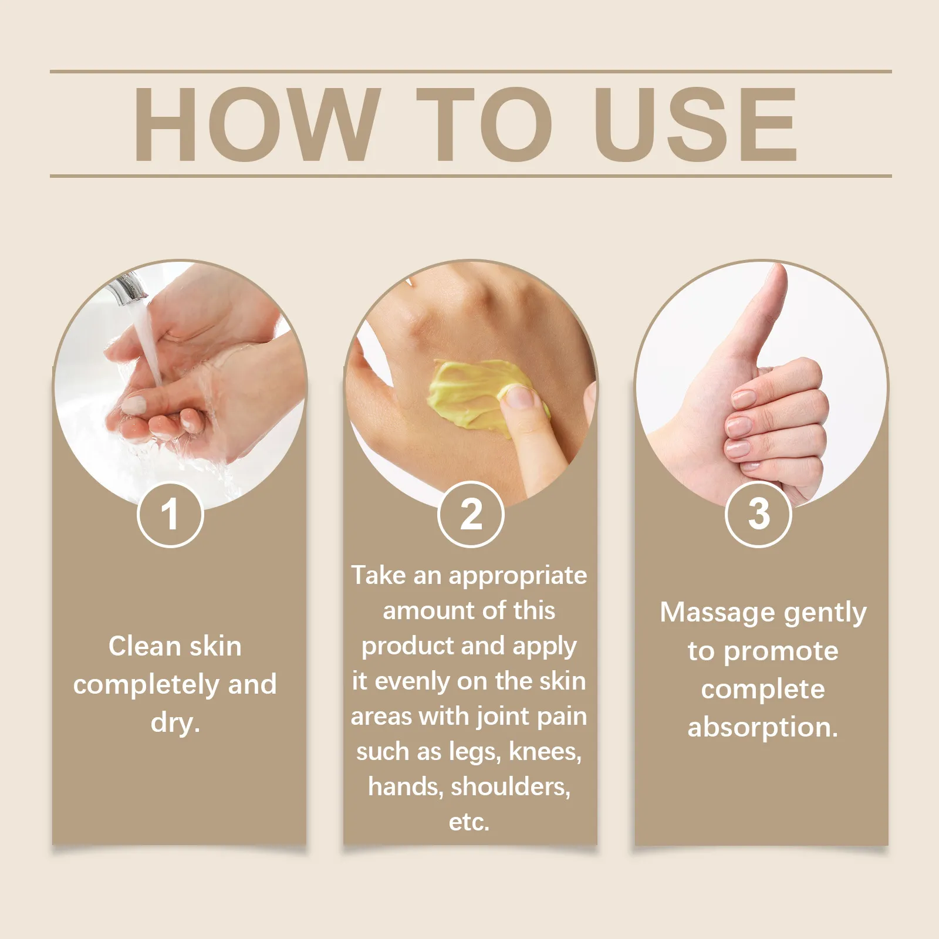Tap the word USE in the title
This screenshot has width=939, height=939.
696,124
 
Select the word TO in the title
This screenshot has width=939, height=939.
485,124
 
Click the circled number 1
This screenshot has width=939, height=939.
170,514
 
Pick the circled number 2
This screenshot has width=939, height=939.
471,514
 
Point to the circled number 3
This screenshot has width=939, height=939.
759,514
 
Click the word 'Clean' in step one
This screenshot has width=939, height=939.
145,646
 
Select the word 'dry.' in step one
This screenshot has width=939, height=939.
175,722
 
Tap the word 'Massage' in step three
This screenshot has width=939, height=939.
717,612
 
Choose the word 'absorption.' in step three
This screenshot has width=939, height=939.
763,728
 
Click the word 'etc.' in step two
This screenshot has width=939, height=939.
469,822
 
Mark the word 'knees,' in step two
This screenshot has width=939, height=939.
545,751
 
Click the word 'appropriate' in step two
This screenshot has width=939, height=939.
518,576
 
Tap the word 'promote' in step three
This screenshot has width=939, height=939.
781,651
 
